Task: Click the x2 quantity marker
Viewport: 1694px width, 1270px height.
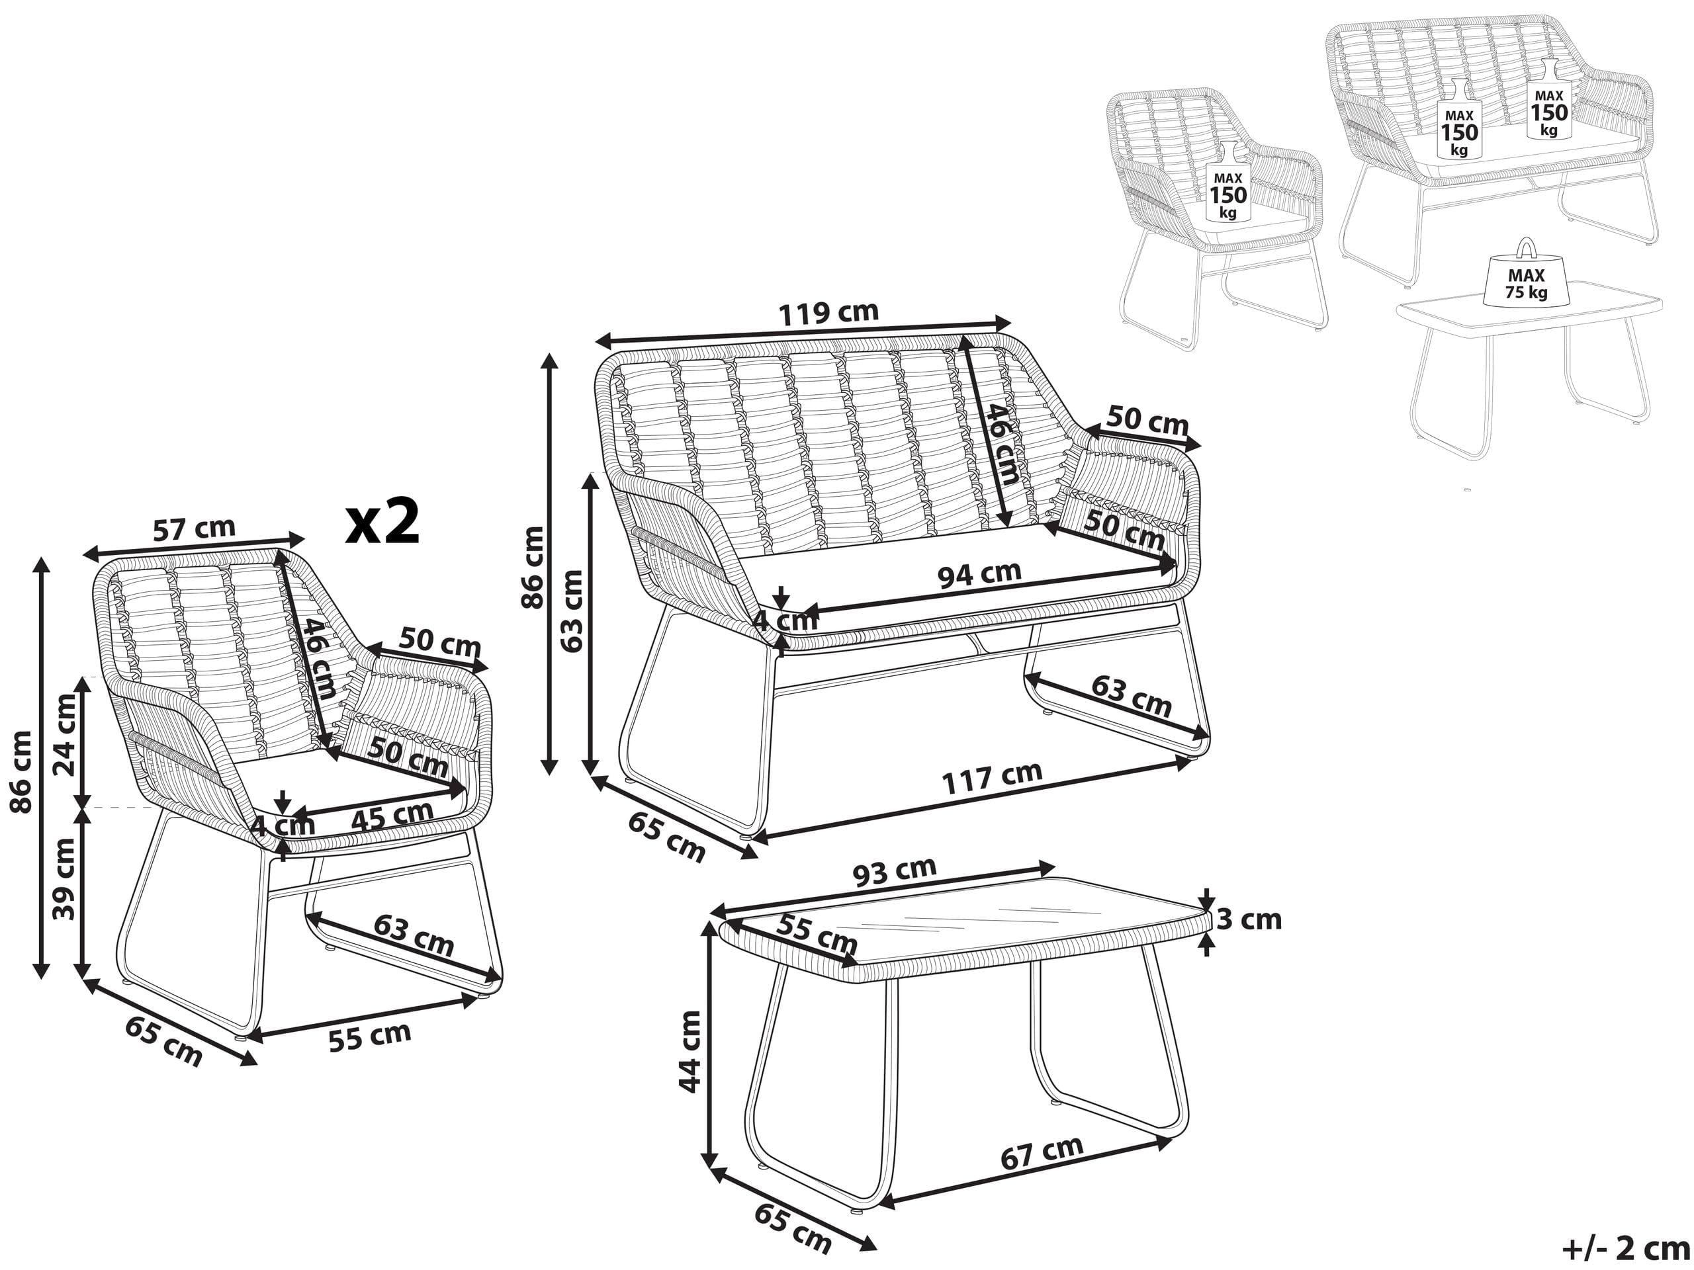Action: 382,522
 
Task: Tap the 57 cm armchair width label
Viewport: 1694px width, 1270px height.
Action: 194,529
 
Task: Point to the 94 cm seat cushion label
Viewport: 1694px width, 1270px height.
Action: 980,574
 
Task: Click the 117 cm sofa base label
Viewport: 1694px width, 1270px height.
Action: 992,778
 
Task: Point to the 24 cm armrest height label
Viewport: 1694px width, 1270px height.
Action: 66,735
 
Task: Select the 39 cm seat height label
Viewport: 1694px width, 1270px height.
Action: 66,880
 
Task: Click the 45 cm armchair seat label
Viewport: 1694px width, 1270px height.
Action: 392,816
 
